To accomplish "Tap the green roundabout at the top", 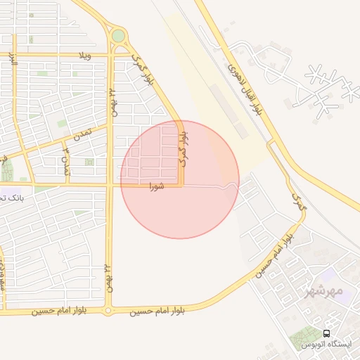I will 118,35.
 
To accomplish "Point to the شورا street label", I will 157,187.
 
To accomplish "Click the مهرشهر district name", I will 324,290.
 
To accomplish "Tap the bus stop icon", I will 326,333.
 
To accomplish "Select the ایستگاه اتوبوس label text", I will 324,345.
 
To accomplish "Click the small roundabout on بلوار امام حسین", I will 108,310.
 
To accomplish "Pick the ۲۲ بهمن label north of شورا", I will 111,101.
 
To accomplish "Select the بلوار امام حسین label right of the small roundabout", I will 157,310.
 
